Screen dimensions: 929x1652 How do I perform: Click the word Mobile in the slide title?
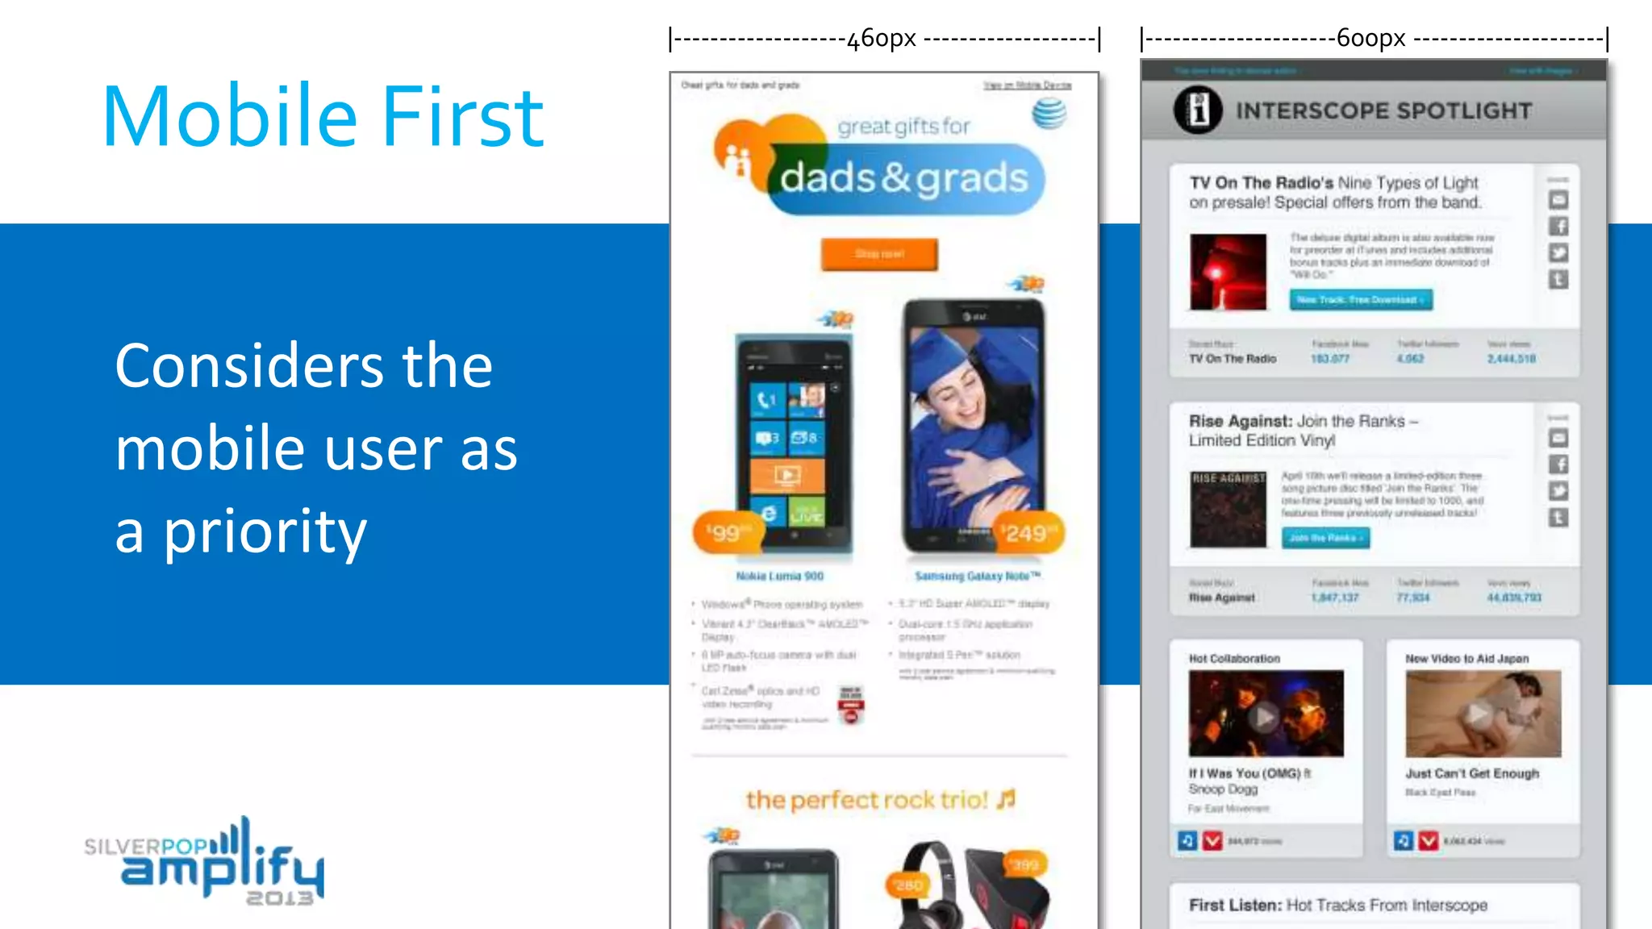tap(230, 117)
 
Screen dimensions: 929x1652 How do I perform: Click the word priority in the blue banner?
tap(265, 532)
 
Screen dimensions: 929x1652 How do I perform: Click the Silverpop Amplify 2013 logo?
tap(205, 862)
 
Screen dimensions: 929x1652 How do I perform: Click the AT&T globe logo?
tap(1049, 114)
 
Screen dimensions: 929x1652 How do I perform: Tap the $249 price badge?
tap(1025, 532)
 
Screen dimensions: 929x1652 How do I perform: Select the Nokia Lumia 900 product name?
tap(779, 576)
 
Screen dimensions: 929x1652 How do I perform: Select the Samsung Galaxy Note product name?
tap(978, 576)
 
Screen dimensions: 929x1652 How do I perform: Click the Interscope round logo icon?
tap(1198, 110)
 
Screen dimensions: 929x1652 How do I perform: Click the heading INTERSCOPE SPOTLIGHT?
tap(1383, 110)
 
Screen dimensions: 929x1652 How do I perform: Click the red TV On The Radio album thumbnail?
tap(1228, 272)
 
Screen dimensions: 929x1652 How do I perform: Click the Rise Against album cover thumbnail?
tap(1228, 509)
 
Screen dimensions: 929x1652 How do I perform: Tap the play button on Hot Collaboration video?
tap(1264, 715)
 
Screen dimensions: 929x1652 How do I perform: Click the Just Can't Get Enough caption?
tap(1472, 773)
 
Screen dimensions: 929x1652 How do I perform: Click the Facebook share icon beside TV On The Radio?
tap(1558, 227)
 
